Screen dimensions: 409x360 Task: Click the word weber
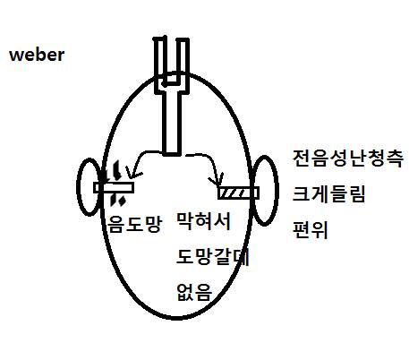point(37,55)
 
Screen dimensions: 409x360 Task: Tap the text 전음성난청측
point(348,159)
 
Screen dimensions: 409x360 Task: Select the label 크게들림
point(328,194)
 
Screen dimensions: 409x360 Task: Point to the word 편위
point(311,230)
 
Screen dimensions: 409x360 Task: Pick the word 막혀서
point(204,221)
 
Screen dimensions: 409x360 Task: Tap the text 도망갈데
point(213,257)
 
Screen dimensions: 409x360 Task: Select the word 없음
point(194,292)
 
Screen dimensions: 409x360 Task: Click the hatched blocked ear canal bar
point(239,193)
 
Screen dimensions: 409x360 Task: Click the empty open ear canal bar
point(114,187)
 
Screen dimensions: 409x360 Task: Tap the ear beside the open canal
point(89,186)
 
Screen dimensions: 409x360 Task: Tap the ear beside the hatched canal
point(265,190)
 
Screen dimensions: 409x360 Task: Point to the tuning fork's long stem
point(172,123)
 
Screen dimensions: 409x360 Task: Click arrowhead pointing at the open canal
point(132,175)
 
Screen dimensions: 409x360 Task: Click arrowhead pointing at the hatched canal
point(217,180)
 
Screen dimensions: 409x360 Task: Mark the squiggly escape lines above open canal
point(115,170)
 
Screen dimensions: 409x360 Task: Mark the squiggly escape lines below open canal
point(117,200)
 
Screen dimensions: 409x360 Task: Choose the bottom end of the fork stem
point(172,155)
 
